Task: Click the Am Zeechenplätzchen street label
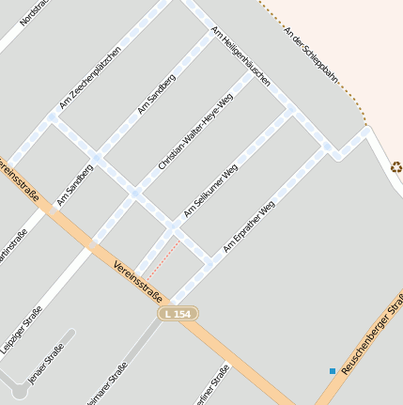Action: (90, 77)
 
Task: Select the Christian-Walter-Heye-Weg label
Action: (194, 132)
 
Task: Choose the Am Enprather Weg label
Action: (248, 226)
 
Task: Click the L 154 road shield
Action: (178, 313)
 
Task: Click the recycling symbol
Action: (396, 167)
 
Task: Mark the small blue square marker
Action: (332, 371)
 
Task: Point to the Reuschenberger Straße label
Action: (373, 334)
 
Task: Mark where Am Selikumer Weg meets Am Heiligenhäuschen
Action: (291, 110)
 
